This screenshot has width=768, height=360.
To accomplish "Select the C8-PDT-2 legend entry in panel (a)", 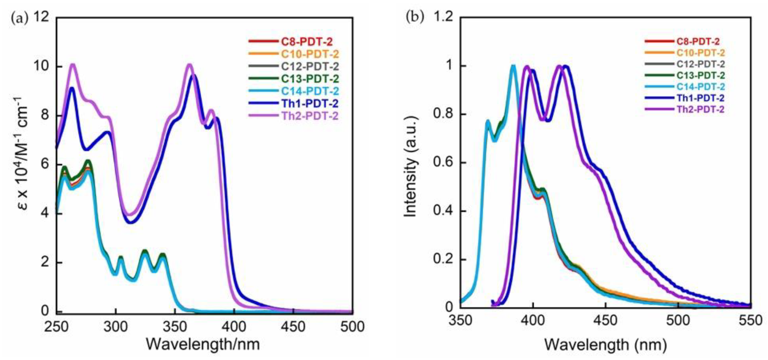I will pos(307,42).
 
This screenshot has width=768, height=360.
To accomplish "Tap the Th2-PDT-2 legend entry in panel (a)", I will pos(310,116).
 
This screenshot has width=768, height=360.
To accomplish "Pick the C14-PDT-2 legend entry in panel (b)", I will pos(700,87).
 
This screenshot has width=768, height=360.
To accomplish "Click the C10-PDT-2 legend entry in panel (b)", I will pos(700,53).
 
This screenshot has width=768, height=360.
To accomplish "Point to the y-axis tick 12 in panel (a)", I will pos(41,17).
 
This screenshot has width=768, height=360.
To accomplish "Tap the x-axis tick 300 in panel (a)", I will pos(115,327).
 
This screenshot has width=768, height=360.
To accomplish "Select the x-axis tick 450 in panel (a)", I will pos(293,327).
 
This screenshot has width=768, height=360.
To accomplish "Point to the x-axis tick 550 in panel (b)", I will pos(750,321).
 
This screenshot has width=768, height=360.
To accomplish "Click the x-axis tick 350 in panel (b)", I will pos(461,321).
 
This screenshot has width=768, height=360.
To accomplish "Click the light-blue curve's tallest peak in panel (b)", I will pos(513,66).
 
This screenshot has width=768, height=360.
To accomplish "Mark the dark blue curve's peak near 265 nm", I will pos(72,88).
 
